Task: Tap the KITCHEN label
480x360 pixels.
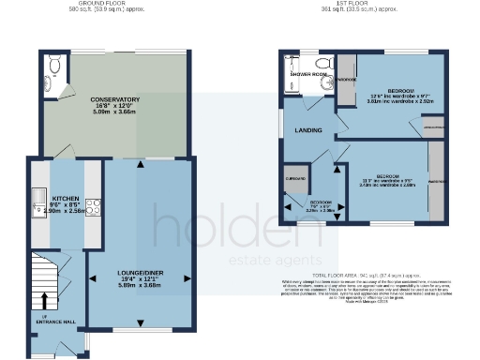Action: pos(65,199)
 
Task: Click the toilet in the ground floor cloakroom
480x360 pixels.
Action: pos(55,65)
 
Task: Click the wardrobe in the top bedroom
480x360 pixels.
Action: pos(347,80)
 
